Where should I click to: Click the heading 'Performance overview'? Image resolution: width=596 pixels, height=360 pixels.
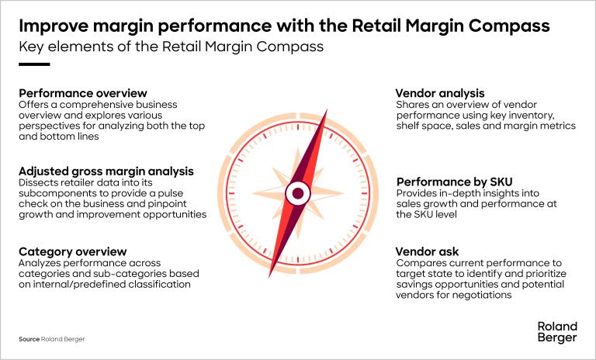(83, 93)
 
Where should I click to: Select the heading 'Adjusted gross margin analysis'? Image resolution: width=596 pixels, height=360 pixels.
(106, 171)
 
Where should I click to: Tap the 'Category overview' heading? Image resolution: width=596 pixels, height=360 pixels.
(73, 251)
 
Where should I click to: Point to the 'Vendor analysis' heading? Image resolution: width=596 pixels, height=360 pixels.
(440, 93)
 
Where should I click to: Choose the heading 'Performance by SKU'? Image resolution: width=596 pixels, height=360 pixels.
(454, 182)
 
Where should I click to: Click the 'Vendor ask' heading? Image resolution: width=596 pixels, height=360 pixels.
(427, 251)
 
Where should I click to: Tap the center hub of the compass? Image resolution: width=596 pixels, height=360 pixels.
(298, 193)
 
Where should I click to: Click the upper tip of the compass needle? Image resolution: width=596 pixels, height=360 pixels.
(327, 110)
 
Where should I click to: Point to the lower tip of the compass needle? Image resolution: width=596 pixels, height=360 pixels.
(269, 277)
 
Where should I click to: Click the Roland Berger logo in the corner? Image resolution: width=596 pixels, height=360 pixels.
(557, 332)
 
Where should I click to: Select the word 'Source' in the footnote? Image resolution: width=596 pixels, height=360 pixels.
(29, 339)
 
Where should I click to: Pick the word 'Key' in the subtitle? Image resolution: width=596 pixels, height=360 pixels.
(30, 47)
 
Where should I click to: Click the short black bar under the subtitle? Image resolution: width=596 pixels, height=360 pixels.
(34, 64)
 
